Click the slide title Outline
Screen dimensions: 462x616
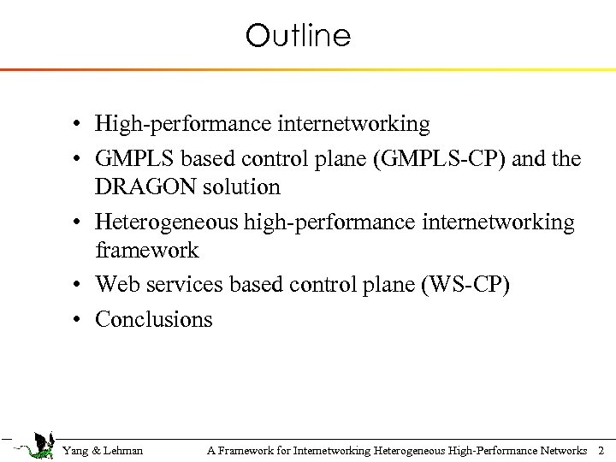pos(298,36)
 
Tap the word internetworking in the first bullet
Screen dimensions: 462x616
pos(353,124)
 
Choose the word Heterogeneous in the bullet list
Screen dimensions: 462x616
pos(167,222)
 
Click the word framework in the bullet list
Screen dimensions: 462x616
pos(146,251)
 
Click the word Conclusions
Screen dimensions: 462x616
pos(154,320)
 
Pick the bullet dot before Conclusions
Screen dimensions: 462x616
pos(77,321)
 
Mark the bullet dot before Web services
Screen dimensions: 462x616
pos(77,285)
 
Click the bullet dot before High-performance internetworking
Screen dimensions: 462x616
pos(77,125)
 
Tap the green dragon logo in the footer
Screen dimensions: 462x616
pos(34,445)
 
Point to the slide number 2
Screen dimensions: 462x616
pos(601,450)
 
